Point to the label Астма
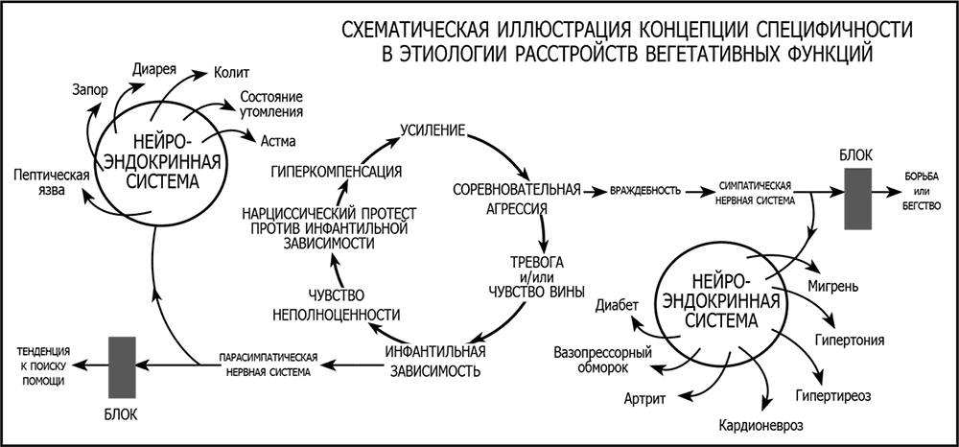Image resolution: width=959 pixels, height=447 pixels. coord(278,140)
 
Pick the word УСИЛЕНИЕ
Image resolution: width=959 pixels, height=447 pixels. coord(433,129)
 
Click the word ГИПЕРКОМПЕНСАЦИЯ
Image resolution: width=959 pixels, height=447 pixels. coord(336,172)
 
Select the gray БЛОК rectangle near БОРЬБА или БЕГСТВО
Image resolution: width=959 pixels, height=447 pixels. coord(856,199)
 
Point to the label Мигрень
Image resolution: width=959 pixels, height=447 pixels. coord(841,286)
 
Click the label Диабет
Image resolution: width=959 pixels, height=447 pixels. coord(617,306)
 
